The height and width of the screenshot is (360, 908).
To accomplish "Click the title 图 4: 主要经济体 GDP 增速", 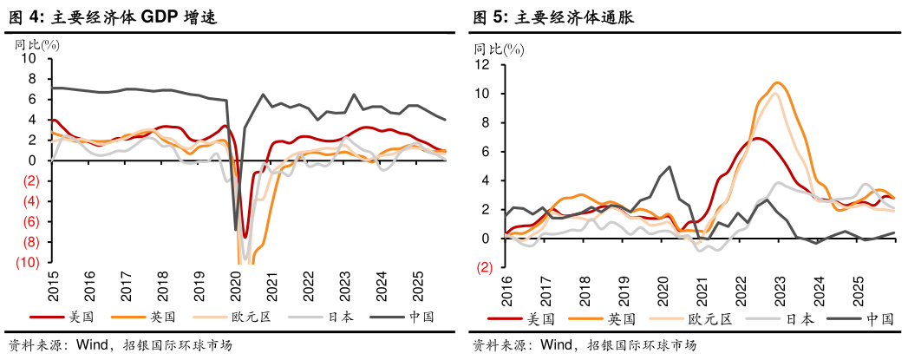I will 111,16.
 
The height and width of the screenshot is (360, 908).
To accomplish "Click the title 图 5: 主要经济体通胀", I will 552,16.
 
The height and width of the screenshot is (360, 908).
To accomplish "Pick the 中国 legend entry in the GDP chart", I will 420,317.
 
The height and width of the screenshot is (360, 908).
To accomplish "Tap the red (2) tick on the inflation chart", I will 485,267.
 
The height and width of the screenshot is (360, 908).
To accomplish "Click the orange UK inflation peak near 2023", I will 778,83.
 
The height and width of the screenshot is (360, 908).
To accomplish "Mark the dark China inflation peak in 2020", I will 669,167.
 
